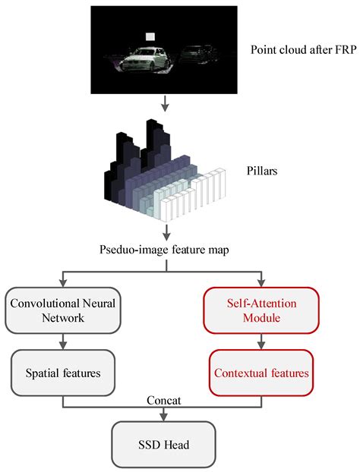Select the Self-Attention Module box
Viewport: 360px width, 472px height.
point(261,310)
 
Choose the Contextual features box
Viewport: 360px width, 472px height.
point(261,373)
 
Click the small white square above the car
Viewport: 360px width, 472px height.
point(150,36)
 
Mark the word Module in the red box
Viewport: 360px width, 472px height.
point(261,318)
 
